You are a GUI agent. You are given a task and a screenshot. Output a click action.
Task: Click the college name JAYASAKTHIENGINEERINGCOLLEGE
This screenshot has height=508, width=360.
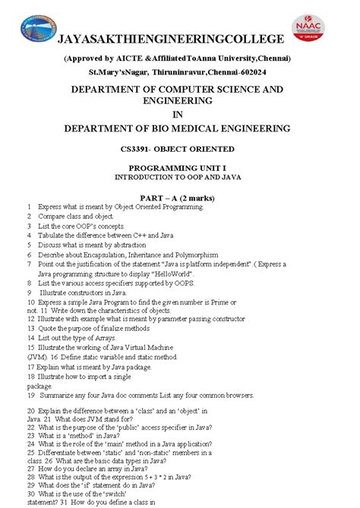[173, 39]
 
